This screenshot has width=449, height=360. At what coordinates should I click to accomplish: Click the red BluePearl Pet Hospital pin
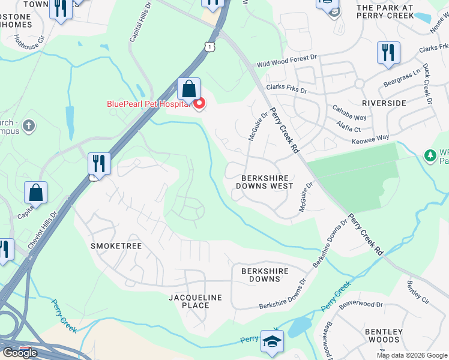point(199,103)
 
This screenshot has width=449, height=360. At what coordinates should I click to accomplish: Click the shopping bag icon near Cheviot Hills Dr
point(36,193)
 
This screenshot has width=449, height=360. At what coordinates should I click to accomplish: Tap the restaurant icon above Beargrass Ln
point(388,53)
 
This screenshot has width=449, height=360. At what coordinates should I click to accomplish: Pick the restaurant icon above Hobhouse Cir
point(61,10)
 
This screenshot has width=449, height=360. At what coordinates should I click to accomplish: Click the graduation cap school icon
point(272,342)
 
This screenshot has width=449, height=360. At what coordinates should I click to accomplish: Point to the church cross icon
point(28,126)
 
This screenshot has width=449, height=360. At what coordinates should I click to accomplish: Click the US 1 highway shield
point(208,46)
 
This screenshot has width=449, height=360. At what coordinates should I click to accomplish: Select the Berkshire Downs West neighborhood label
point(267,182)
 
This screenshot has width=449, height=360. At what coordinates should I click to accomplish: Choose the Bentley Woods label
point(384,335)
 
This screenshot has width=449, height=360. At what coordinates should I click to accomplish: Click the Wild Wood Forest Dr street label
point(286,60)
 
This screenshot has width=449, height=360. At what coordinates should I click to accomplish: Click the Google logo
point(20,353)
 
